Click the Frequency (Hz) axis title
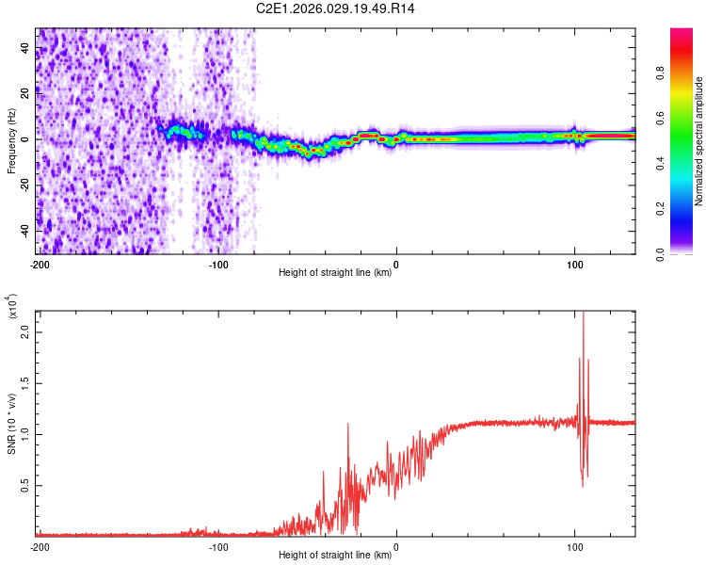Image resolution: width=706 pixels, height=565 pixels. pyautogui.click(x=12, y=141)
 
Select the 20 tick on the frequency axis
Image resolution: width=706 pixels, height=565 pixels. pyautogui.click(x=26, y=92)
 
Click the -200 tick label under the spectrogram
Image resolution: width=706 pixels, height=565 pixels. pyautogui.click(x=39, y=265)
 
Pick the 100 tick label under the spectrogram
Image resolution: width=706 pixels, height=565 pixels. pyautogui.click(x=574, y=265)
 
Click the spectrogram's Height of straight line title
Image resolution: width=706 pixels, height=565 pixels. pyautogui.click(x=335, y=273)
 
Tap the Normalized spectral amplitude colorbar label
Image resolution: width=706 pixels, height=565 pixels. pyautogui.click(x=698, y=141)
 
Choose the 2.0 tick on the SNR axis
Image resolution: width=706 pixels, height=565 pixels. pyautogui.click(x=24, y=333)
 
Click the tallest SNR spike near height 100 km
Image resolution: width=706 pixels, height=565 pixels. pyautogui.click(x=584, y=314)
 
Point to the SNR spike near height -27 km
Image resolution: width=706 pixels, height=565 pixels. pyautogui.click(x=348, y=425)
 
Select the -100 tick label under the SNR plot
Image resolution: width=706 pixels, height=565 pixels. pyautogui.click(x=217, y=546)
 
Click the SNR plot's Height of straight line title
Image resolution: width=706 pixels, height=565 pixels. pyautogui.click(x=335, y=556)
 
